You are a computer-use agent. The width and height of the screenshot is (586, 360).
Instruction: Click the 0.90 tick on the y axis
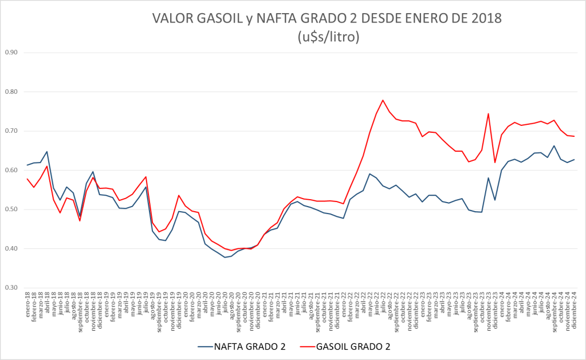11,53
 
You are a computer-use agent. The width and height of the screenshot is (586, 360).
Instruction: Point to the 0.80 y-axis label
11,92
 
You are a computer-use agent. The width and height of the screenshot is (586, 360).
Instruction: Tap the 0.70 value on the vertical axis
11,131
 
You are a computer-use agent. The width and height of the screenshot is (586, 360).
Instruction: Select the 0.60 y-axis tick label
11,171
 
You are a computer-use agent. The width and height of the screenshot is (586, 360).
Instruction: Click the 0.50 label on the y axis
11,209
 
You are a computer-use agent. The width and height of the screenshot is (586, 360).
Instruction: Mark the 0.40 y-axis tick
11,249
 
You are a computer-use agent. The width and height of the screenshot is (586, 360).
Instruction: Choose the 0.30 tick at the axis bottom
11,288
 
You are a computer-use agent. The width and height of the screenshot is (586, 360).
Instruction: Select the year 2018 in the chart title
485,19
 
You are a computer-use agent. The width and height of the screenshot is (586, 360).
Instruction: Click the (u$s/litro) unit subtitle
328,37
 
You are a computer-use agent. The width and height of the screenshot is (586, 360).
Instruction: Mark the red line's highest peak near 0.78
383,100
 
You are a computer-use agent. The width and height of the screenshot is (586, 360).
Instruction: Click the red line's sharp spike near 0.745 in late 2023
488,113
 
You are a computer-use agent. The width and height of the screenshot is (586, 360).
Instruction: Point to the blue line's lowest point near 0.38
225,258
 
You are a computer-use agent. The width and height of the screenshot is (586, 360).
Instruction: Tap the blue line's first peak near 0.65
47,152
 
